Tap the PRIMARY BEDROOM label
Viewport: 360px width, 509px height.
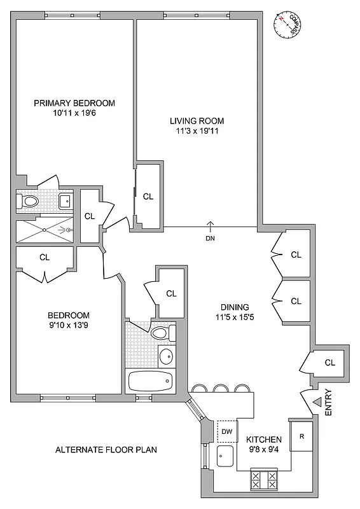74,103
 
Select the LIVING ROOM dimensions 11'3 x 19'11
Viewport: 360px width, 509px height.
197,131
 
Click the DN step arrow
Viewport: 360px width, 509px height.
211,226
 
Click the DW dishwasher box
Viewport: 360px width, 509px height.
227,430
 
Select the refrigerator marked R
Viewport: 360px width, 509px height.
301,436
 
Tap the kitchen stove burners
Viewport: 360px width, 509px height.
265,479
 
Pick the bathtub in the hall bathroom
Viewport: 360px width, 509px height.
150,382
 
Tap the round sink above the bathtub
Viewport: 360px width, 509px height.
165,355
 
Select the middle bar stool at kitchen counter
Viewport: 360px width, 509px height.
221,387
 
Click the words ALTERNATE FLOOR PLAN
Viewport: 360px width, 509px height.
106,449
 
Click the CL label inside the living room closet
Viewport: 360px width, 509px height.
148,197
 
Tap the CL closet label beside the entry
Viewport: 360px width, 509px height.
329,363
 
